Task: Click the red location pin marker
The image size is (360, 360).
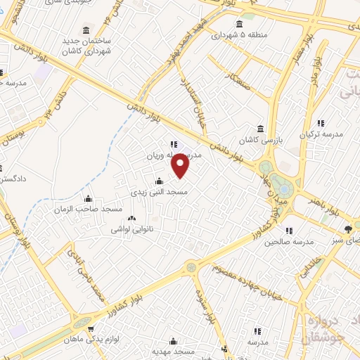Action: (x=181, y=166)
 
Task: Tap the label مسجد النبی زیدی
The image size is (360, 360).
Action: (x=157, y=191)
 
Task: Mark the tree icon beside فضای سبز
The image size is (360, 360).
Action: (x=348, y=228)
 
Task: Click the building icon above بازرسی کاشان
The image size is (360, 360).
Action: (x=260, y=129)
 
